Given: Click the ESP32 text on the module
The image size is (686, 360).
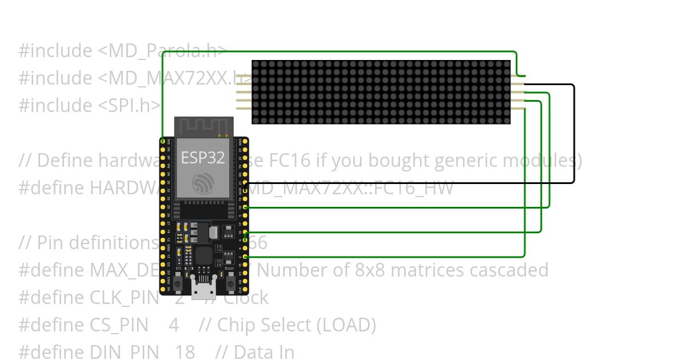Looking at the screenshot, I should tap(202, 157).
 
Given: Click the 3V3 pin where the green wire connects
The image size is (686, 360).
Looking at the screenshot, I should tap(163, 141).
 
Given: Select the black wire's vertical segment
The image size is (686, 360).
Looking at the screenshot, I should tap(573, 134).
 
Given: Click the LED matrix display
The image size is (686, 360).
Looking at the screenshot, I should tap(381, 92).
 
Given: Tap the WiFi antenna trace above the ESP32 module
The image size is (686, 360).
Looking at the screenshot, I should tap(204, 126).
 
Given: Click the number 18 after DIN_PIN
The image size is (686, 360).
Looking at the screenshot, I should tap(185, 352).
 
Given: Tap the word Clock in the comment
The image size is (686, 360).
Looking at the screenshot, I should tap(245, 298).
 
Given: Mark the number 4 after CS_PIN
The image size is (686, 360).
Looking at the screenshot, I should tap(174, 325).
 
